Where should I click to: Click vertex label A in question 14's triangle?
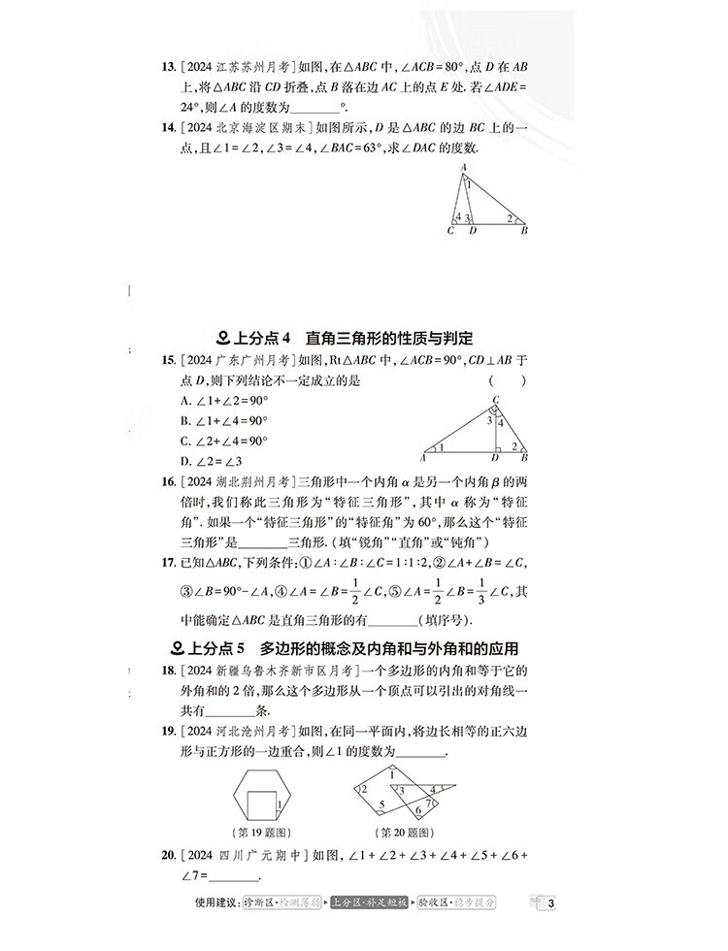pyautogui.click(x=463, y=167)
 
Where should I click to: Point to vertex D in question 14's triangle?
pyautogui.click(x=472, y=231)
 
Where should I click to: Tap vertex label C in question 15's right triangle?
pyautogui.click(x=496, y=400)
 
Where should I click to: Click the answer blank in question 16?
pyautogui.click(x=261, y=541)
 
